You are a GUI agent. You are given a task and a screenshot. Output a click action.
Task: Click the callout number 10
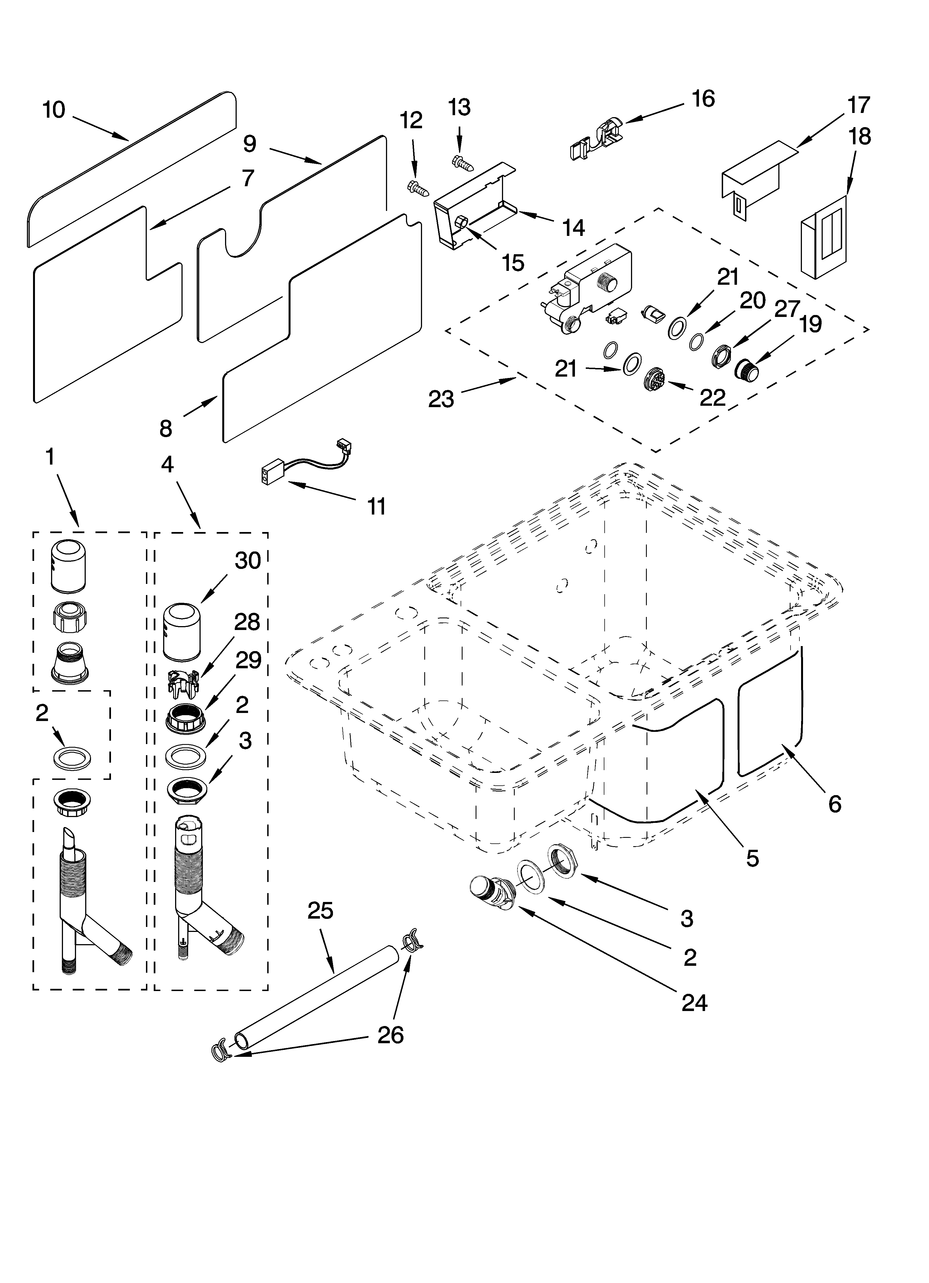click(x=54, y=110)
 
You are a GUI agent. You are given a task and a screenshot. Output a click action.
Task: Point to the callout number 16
click(x=703, y=99)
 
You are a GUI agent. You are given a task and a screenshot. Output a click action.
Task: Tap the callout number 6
click(x=834, y=804)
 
